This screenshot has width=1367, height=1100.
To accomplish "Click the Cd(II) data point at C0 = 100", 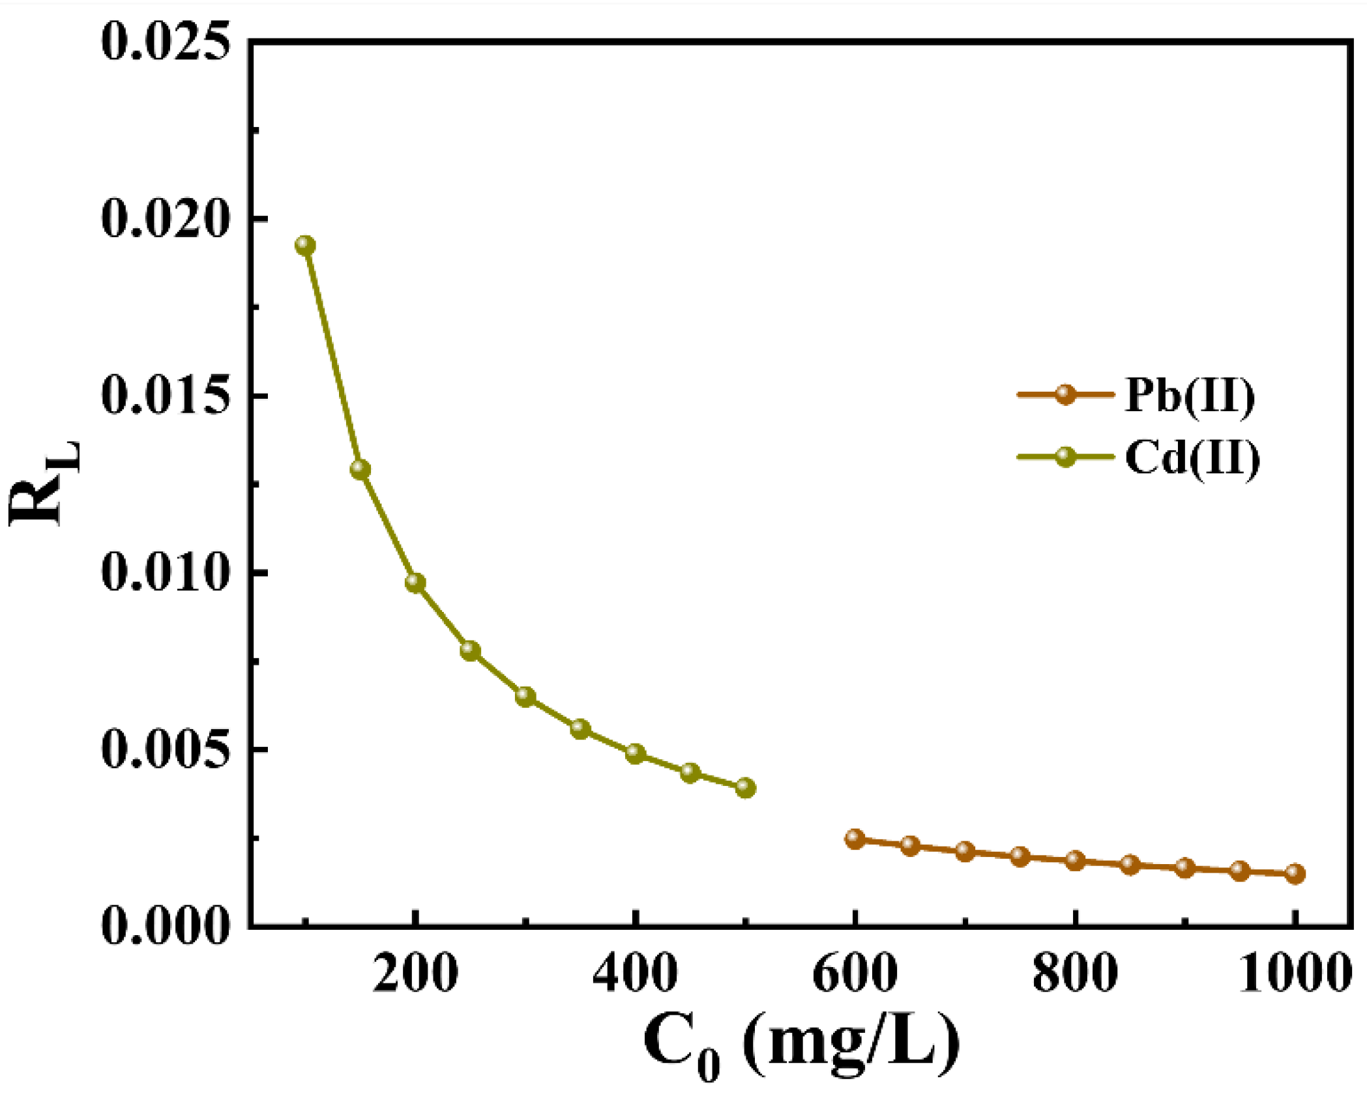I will [305, 246].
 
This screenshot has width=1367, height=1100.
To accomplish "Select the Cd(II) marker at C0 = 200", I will [415, 583].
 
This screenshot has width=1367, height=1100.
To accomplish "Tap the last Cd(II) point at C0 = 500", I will [746, 788].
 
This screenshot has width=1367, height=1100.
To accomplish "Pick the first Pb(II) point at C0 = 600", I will [855, 839].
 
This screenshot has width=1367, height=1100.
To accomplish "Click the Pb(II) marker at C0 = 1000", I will [1295, 874].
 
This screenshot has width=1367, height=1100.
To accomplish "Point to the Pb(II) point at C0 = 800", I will [1076, 860].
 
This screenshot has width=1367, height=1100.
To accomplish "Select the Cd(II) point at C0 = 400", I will [636, 754].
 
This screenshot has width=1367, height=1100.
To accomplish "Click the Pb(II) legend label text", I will [1189, 395].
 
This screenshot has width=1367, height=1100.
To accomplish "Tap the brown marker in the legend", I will [1065, 394].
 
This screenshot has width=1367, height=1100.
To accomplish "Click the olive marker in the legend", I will [1065, 457].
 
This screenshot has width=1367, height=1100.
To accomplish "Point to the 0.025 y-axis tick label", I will [166, 42].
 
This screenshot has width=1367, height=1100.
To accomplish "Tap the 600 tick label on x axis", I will [855, 974].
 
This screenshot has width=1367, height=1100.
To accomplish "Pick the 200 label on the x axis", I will [415, 974].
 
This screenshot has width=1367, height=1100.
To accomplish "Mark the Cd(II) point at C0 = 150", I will [360, 469].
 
